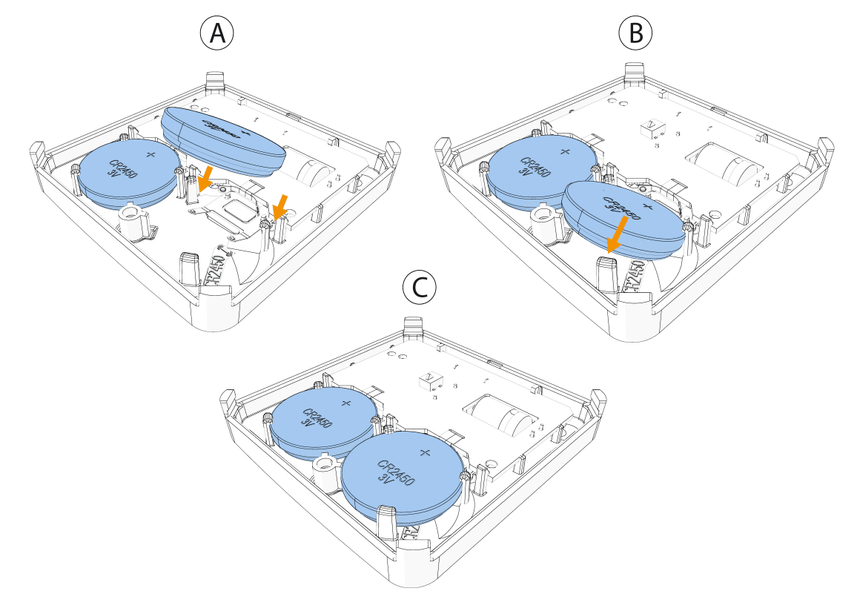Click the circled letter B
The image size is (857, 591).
tap(635, 33)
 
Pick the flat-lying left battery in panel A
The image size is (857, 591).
tap(130, 174)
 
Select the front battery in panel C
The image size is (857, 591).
tap(403, 475)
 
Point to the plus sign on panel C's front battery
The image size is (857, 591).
tap(424, 452)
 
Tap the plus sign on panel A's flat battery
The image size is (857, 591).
tap(151, 154)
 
